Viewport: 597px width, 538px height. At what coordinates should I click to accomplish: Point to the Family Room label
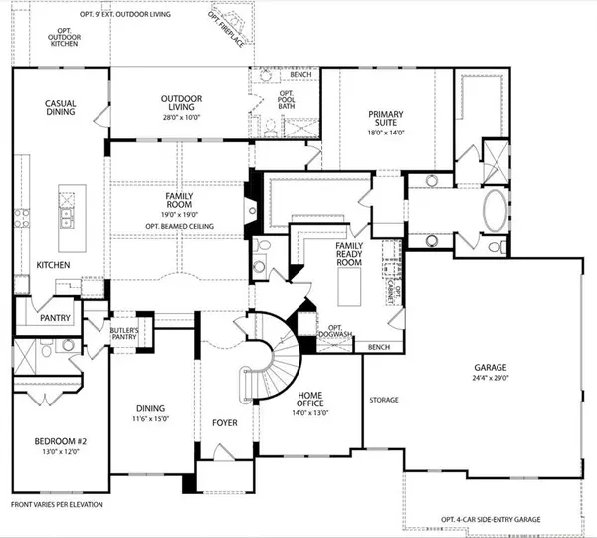coord(178,205)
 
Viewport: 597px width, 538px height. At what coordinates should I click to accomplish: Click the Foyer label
coord(225,423)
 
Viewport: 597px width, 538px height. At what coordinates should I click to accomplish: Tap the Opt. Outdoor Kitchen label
coord(67,37)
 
